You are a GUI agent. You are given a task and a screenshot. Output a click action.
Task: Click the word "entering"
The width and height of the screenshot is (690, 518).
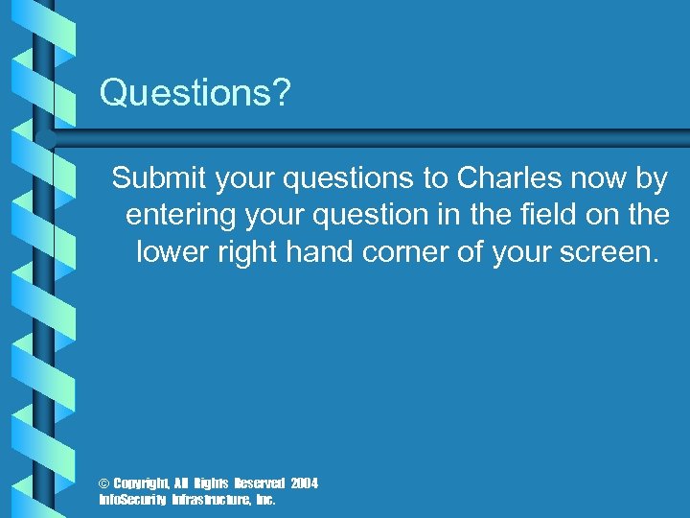click(182, 215)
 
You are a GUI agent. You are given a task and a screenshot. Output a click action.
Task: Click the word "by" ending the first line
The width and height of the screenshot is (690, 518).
click(653, 177)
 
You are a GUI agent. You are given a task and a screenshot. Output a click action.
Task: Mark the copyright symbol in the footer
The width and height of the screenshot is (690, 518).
click(104, 483)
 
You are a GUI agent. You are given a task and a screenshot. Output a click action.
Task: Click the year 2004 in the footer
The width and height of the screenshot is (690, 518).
click(304, 483)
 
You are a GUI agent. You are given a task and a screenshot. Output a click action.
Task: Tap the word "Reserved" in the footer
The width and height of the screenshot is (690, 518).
click(256, 483)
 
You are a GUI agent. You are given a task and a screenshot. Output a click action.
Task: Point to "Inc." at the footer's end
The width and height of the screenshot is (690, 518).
click(264, 500)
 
